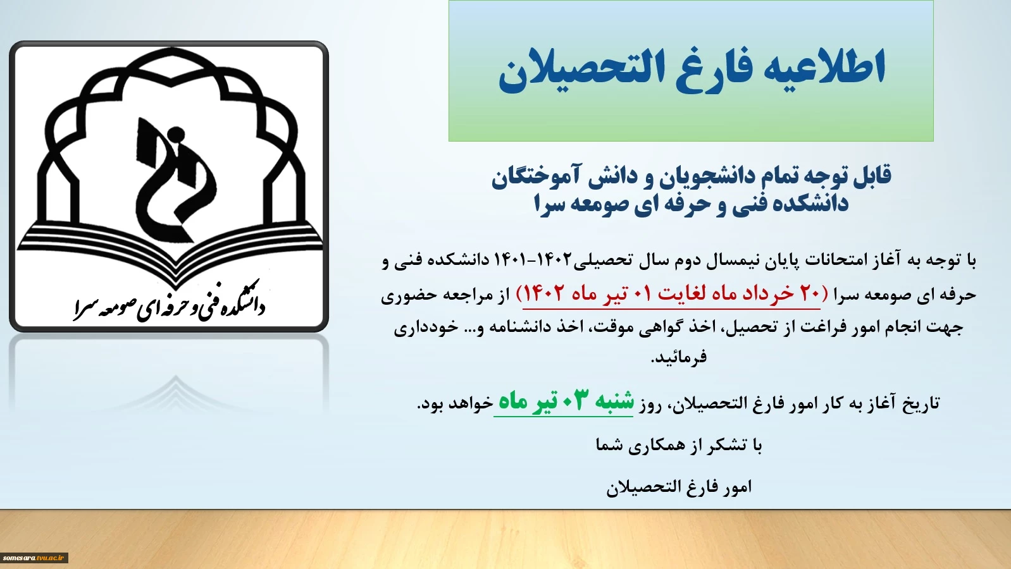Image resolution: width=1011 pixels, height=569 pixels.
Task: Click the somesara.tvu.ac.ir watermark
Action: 34,558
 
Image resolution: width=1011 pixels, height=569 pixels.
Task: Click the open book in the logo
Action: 171,251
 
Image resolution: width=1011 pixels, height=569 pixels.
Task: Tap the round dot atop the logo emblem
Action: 176,133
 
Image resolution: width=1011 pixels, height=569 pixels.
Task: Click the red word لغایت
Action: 679,294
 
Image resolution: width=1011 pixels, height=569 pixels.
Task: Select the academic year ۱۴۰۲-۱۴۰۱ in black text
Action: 533,260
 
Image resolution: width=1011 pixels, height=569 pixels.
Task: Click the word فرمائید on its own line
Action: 679,357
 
